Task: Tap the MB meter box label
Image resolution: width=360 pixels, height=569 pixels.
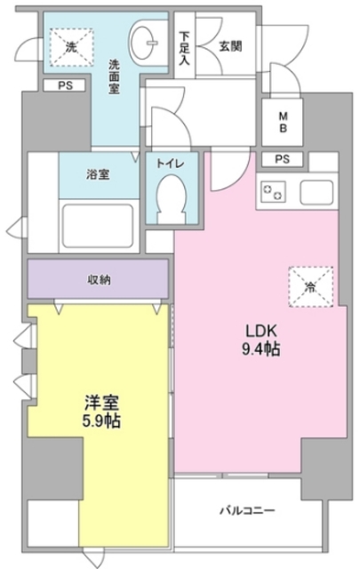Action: point(282,123)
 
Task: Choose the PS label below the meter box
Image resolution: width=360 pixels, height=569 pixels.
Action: point(282,160)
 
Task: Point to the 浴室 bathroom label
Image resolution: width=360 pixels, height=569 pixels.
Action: point(98,174)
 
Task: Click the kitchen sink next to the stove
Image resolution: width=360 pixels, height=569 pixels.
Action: point(316,190)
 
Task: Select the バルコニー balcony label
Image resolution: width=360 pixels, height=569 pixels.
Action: point(248,510)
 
